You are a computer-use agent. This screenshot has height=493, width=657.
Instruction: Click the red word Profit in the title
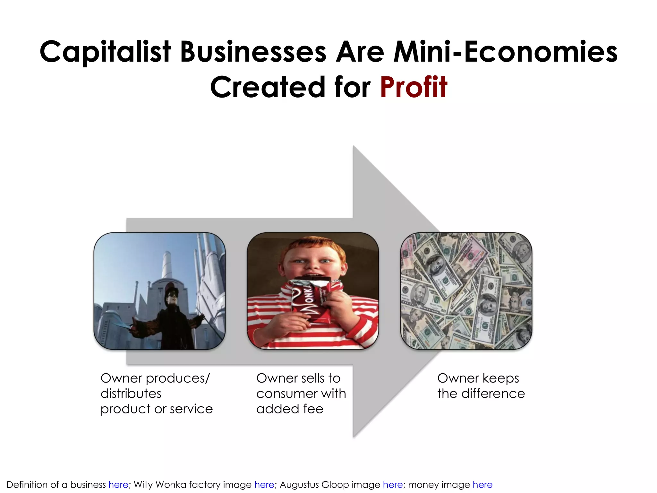(414, 87)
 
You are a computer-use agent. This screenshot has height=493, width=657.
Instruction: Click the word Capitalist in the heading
(105, 52)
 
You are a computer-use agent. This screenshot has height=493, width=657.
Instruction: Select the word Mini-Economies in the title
(506, 52)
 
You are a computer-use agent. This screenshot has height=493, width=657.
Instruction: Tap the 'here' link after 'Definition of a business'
(118, 484)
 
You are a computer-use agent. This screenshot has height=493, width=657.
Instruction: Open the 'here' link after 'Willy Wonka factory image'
(264, 484)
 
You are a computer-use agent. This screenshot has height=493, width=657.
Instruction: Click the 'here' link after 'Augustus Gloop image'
(393, 484)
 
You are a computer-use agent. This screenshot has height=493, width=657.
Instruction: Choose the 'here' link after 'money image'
(482, 484)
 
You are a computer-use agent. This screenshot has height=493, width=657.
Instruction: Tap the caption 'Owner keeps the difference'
(481, 386)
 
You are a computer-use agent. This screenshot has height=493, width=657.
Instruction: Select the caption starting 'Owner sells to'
(301, 394)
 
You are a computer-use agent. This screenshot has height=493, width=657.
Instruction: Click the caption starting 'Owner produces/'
(157, 394)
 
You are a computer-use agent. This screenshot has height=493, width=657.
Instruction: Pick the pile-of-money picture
(466, 291)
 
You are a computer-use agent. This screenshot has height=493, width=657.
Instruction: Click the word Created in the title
(268, 87)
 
